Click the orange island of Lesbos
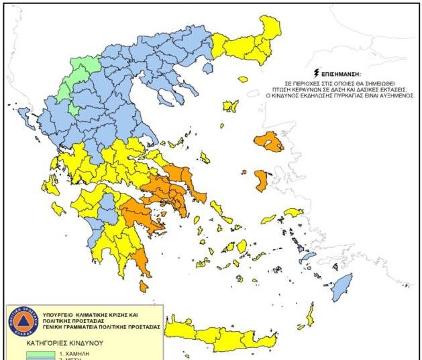coord(270,142)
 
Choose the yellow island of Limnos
coord(231,106)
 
